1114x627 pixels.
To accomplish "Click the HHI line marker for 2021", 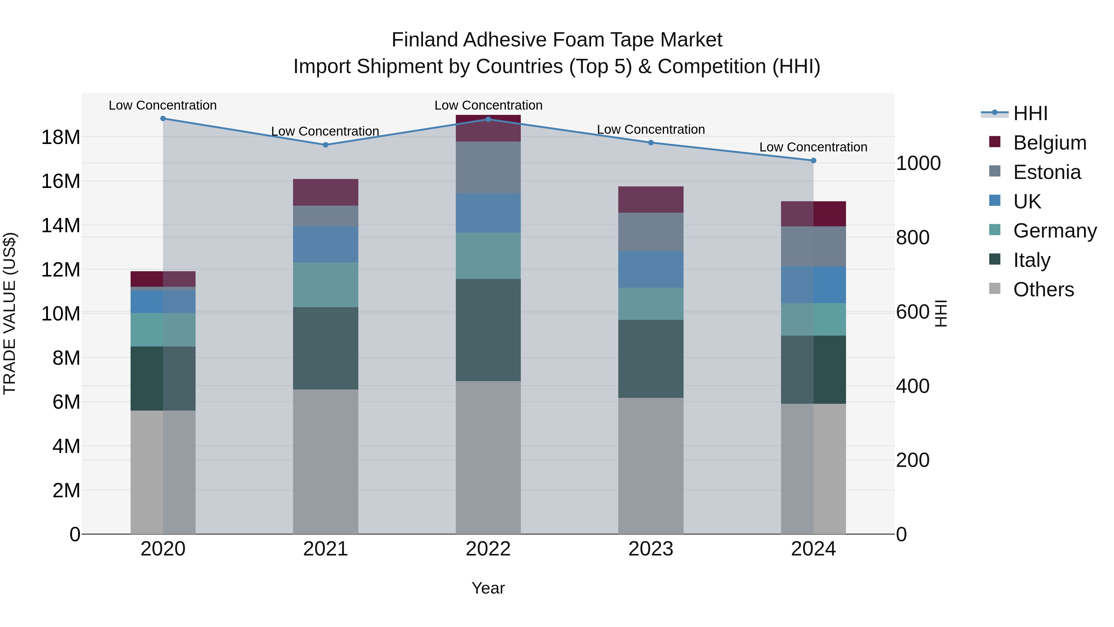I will pos(326,145).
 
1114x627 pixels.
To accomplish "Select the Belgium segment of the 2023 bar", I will pos(650,199).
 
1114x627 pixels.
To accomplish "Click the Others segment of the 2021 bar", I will pos(325,461).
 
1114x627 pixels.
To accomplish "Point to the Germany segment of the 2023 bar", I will pos(650,304).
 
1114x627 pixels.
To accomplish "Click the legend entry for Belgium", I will pos(1050,143).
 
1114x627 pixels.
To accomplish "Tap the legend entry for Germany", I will pos(1055,231).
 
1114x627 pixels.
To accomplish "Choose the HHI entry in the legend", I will pos(1030,113).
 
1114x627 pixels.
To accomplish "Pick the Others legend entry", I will pos(1043,290).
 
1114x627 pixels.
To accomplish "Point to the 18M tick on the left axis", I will pos(61,137).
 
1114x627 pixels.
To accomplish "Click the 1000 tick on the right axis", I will pos(918,163).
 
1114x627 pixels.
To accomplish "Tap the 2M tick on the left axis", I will pos(66,491).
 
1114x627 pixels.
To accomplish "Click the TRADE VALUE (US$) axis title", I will pos(10,313).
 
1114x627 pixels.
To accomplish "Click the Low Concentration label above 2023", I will pos(650,129).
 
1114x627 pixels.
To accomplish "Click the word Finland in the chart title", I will pos(425,40).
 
